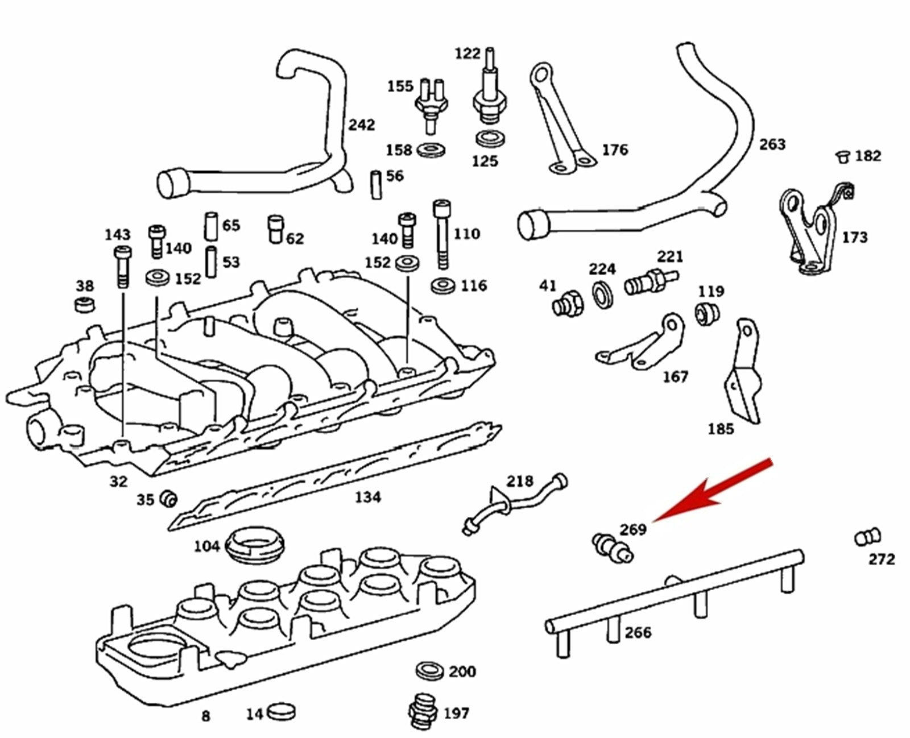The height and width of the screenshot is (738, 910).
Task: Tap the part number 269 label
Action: coord(633,529)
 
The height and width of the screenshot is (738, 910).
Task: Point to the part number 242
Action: coord(361,124)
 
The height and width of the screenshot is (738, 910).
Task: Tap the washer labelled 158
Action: coord(431,151)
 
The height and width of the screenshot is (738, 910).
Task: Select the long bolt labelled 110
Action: coord(442,233)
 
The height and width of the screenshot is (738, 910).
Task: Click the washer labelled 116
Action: coord(442,285)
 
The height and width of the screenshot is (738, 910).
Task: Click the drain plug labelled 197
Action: coord(423,711)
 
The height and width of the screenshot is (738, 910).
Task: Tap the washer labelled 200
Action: coord(430,671)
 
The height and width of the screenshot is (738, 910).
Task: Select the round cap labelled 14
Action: coord(282,711)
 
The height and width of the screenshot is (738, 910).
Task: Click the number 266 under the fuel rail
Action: coord(638,632)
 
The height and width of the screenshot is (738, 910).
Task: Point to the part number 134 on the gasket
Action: coord(367,497)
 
